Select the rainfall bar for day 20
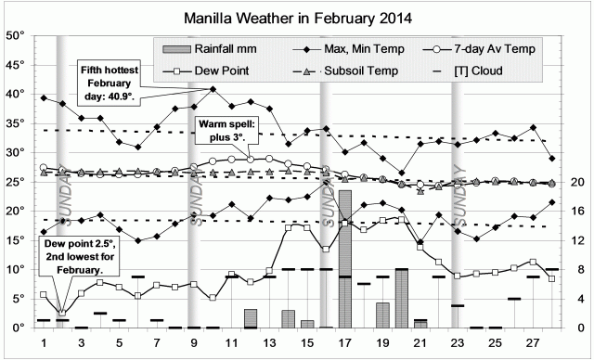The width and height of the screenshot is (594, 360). (x=402, y=298)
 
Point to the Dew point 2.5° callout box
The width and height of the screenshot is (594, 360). (x=72, y=254)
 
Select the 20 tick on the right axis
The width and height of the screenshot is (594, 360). (x=575, y=182)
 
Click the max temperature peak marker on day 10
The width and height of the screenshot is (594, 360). (x=213, y=89)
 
